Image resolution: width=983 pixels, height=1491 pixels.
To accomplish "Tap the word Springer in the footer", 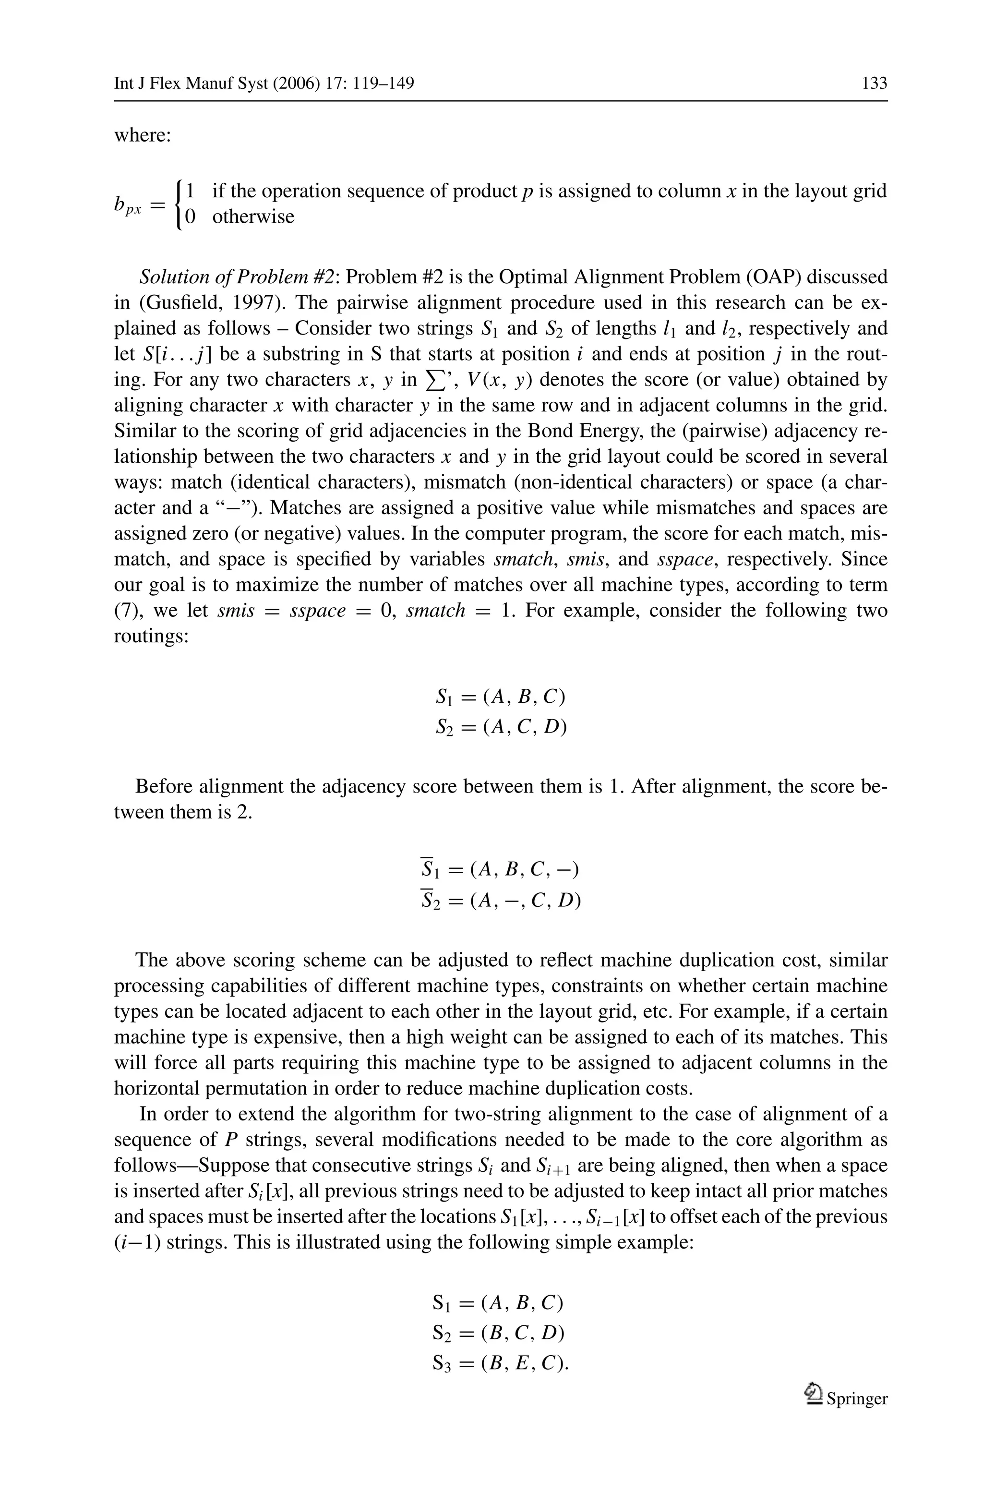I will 856,1398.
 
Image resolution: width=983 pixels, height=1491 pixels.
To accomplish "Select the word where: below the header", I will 142,135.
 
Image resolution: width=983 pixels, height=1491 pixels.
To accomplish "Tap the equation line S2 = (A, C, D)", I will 501,726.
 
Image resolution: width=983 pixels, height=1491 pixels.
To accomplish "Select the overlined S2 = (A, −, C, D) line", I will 500,901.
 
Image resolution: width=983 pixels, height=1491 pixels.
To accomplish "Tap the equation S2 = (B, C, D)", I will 498,1333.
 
